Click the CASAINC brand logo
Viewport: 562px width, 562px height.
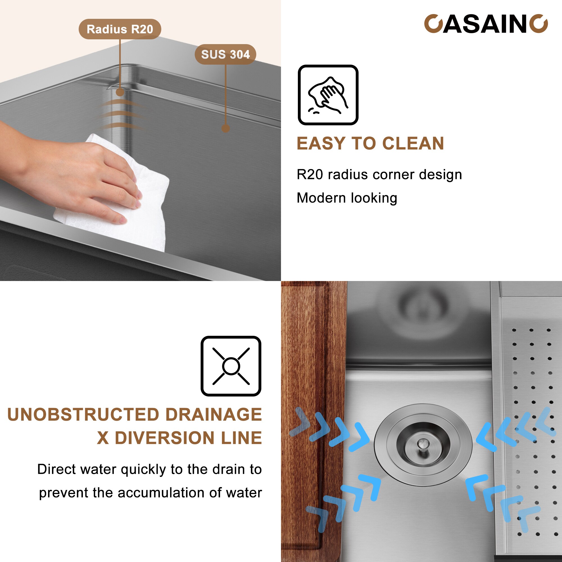tap(486, 24)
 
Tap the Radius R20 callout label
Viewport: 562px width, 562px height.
tap(120, 29)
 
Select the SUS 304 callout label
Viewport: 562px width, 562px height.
tap(225, 55)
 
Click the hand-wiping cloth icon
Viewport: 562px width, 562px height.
tap(328, 95)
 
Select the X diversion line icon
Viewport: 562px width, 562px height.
tap(231, 366)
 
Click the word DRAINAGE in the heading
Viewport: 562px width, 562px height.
tap(214, 414)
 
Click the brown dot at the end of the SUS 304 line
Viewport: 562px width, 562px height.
tap(225, 128)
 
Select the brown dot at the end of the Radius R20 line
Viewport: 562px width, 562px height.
tap(120, 92)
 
